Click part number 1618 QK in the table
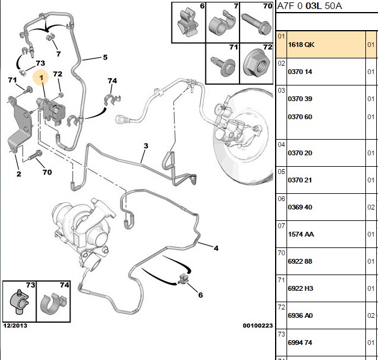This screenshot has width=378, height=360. point(301,45)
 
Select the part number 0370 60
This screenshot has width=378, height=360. point(300,117)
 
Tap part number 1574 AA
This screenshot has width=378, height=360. point(301,234)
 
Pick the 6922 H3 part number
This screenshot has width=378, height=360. point(300,288)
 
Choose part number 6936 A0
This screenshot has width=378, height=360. point(300,315)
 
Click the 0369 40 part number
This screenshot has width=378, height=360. point(300,207)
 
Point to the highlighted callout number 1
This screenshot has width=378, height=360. point(41,78)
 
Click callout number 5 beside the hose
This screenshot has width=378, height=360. point(105,57)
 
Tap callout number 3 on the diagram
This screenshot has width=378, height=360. point(146,146)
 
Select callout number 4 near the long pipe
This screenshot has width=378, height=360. point(216,248)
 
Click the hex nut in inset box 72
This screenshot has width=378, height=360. point(256,64)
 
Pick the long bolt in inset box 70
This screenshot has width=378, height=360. point(256,23)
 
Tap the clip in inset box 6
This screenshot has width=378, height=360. point(188,23)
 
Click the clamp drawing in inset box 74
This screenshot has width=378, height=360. point(53,304)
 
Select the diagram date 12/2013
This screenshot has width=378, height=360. point(15,326)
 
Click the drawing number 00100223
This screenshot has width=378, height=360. point(258,326)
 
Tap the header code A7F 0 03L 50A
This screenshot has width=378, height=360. point(309,6)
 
